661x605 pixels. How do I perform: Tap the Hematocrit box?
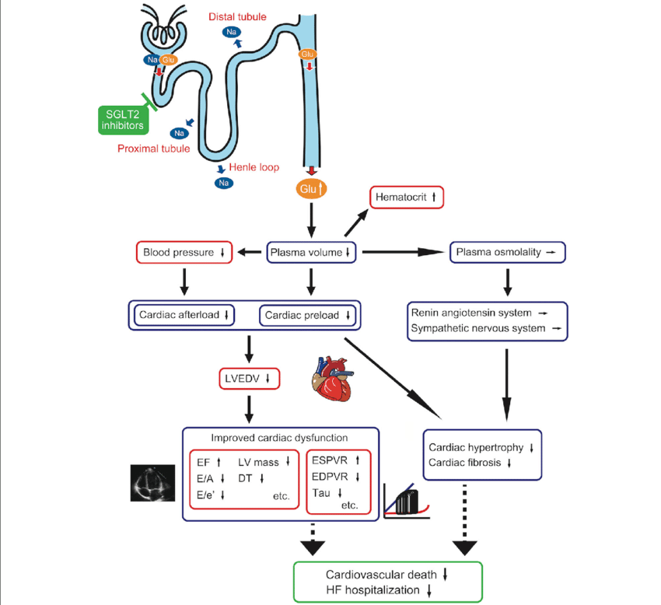407,198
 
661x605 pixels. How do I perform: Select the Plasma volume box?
311,253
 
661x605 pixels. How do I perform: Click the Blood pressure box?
184,253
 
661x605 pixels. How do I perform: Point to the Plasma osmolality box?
507,253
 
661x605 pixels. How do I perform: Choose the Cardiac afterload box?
184,315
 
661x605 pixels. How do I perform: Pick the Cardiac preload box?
309,315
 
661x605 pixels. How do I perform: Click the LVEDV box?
250,379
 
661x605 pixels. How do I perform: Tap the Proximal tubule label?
153,149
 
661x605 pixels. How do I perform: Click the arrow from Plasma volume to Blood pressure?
249,253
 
